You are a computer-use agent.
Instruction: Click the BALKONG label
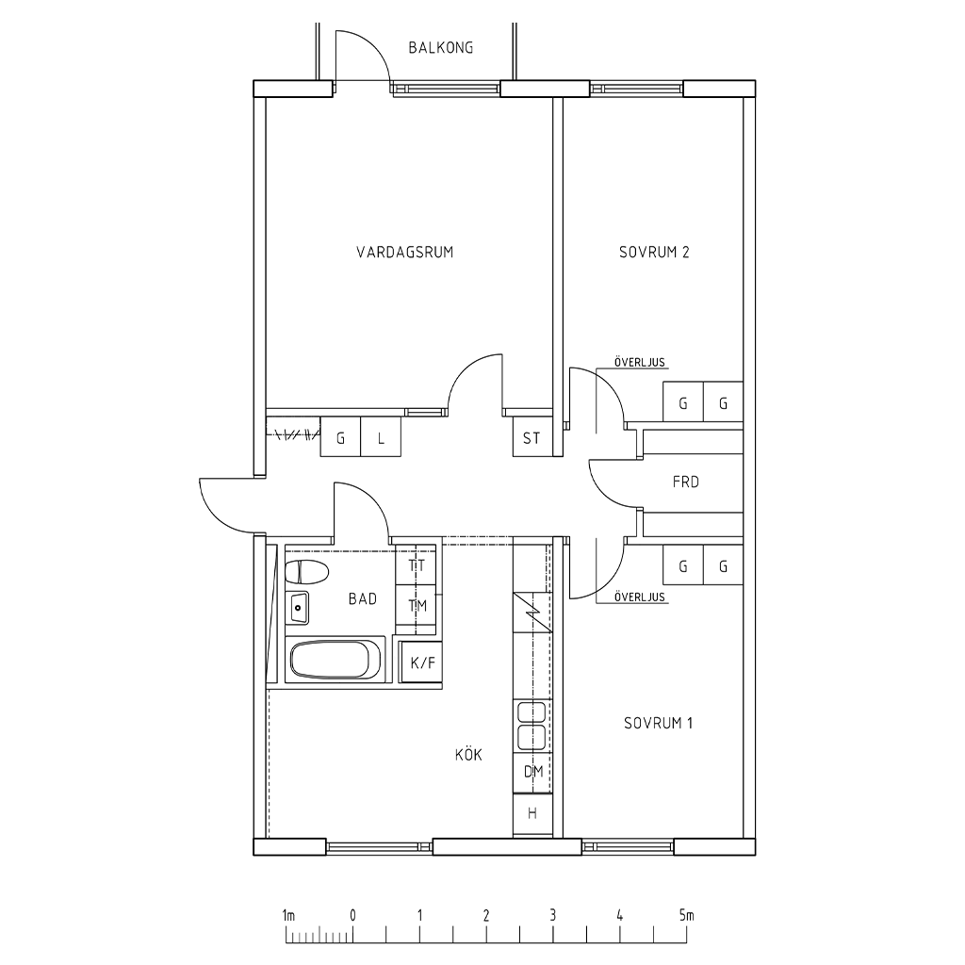coord(441,47)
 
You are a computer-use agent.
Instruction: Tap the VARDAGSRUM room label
coord(405,252)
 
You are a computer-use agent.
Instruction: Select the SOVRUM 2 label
coord(654,252)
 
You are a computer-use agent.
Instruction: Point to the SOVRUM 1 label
coord(659,723)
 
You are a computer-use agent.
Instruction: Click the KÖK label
coord(468,754)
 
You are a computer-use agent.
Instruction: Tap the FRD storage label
coord(686,482)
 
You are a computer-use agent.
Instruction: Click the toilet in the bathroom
coord(306,572)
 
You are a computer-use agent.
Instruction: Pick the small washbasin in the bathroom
coord(299,608)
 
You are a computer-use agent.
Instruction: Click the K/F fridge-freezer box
coord(421,662)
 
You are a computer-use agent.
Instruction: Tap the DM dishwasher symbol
coord(533,771)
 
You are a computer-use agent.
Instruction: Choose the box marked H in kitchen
coord(533,813)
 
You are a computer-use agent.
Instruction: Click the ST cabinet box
coord(532,437)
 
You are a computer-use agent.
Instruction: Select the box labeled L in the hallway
coord(381,437)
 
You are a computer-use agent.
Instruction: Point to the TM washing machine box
coord(417,606)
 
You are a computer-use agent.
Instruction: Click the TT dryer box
coord(417,564)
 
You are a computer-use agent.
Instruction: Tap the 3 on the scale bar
coord(552,915)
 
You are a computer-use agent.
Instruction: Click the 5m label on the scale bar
coord(686,915)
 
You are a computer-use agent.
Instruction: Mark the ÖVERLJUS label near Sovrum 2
coord(640,362)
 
